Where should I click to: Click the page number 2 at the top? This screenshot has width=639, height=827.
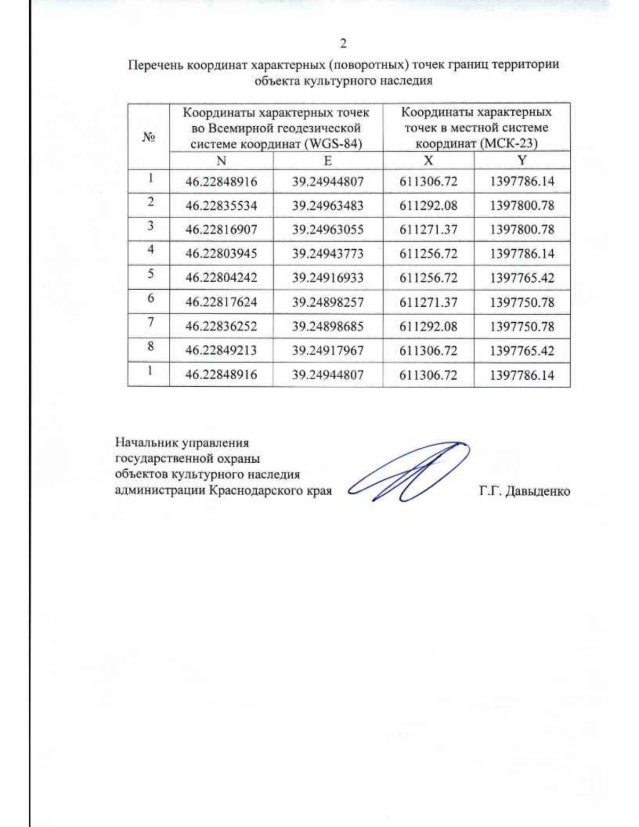(x=343, y=43)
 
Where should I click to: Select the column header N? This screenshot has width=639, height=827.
(x=222, y=161)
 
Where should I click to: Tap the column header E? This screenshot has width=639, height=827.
(x=327, y=161)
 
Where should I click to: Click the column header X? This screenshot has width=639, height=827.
(x=428, y=161)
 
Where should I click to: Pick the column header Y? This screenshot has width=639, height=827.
(x=522, y=160)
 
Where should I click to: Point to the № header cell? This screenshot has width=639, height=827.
(x=149, y=137)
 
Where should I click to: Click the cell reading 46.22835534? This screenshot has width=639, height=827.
(x=221, y=206)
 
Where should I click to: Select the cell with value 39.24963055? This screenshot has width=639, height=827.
(x=327, y=230)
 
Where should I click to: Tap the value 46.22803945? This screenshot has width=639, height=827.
(x=221, y=253)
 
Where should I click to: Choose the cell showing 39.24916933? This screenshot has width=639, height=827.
(x=327, y=278)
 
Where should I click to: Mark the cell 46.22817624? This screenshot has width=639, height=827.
(x=221, y=302)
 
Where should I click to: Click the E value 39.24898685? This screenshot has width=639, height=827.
(x=327, y=326)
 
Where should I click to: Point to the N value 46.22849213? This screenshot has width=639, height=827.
(x=221, y=350)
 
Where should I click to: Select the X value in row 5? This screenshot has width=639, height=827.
(x=428, y=278)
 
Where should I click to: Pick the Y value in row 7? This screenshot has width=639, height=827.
(x=522, y=326)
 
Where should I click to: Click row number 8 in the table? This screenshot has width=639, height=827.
(x=151, y=347)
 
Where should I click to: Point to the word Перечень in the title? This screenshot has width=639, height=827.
(x=154, y=65)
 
